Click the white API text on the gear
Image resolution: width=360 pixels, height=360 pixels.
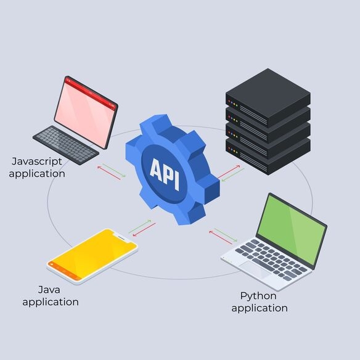(x=165, y=174)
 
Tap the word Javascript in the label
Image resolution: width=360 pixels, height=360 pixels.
(x=37, y=162)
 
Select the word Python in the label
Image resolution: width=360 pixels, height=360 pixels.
(x=258, y=297)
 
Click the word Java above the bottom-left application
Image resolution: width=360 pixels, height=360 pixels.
(x=49, y=290)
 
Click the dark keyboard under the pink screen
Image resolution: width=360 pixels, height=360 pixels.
(x=66, y=145)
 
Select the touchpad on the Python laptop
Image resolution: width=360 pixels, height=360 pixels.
(x=254, y=269)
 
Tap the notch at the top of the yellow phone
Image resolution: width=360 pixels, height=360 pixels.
(x=121, y=237)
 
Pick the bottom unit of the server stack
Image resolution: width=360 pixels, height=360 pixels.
(x=268, y=157)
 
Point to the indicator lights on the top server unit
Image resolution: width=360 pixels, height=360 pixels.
(x=233, y=104)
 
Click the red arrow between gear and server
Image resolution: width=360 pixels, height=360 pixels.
(x=229, y=171)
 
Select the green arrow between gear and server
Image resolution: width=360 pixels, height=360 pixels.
(x=232, y=175)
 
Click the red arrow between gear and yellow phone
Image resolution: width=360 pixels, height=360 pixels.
(x=144, y=229)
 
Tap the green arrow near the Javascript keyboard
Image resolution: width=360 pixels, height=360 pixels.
(x=114, y=170)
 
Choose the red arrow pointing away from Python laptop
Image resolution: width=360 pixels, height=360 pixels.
(x=221, y=237)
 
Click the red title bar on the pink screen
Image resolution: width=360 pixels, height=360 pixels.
(x=90, y=92)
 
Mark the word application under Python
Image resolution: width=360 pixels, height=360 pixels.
(x=260, y=309)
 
